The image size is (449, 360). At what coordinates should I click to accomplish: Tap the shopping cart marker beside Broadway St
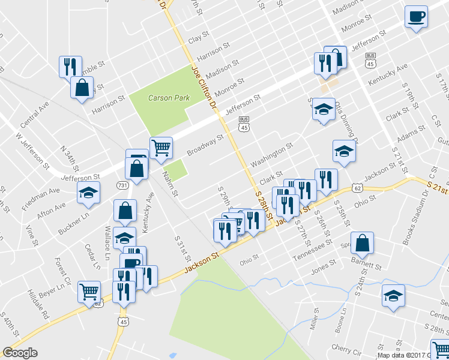(x=161, y=147)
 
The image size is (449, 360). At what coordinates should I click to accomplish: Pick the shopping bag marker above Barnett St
(x=363, y=243)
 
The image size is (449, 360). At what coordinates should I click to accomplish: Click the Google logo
(x=20, y=353)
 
